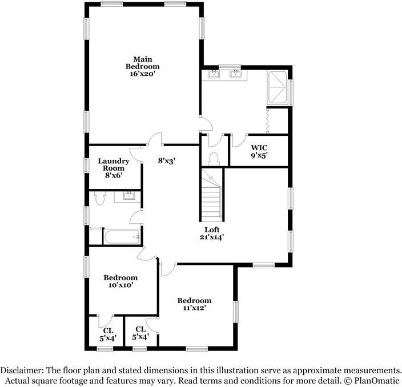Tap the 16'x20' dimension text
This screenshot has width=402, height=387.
click(x=142, y=74)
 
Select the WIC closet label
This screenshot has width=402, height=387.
click(x=259, y=147)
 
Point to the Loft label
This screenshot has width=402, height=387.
click(x=211, y=229)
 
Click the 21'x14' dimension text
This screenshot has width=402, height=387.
click(x=211, y=237)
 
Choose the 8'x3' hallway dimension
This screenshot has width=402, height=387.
click(x=166, y=161)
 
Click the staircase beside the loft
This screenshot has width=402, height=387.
click(x=212, y=197)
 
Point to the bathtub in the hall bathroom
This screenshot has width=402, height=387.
click(x=122, y=236)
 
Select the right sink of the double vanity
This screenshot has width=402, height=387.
click(x=235, y=74)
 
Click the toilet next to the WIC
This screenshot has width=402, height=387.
click(x=214, y=158)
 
